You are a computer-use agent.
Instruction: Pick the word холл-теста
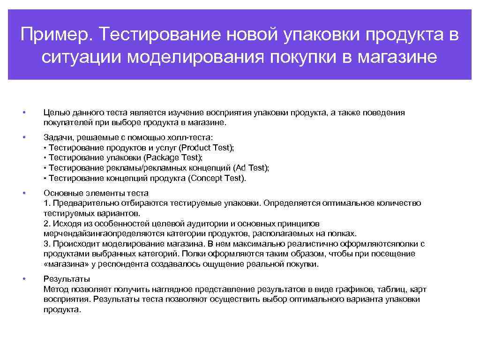coord(192,137)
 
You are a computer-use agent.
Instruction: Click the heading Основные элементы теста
coord(96,193)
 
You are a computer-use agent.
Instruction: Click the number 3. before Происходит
coord(46,244)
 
